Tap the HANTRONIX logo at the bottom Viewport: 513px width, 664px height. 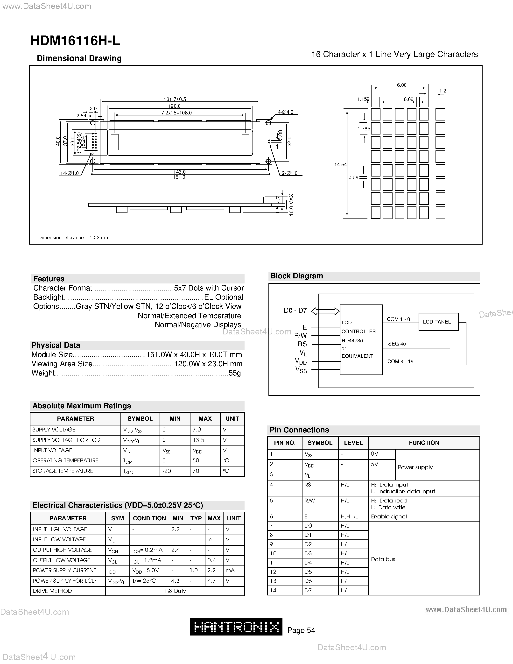point(236,627)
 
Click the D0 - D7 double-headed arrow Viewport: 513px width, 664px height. point(325,311)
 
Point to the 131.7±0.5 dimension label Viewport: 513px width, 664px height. point(175,99)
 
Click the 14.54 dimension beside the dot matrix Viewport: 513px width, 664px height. point(340,164)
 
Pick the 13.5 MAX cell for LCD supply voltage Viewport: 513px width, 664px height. point(198,440)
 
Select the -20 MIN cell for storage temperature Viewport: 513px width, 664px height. point(167,471)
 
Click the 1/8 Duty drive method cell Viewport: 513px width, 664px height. point(175,591)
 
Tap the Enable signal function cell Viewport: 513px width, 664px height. point(389,516)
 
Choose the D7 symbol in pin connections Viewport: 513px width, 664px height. point(308,590)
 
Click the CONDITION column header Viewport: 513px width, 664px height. point(149,518)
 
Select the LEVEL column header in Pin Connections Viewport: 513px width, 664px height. point(353,443)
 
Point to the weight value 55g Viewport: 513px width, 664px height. point(235,373)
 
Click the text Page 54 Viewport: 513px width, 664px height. point(301,630)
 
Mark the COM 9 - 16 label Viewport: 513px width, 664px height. point(400,361)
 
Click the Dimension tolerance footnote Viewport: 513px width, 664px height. point(73,237)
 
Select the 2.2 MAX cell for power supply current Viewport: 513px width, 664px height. point(211,570)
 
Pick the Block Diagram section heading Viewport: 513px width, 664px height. point(297,276)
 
